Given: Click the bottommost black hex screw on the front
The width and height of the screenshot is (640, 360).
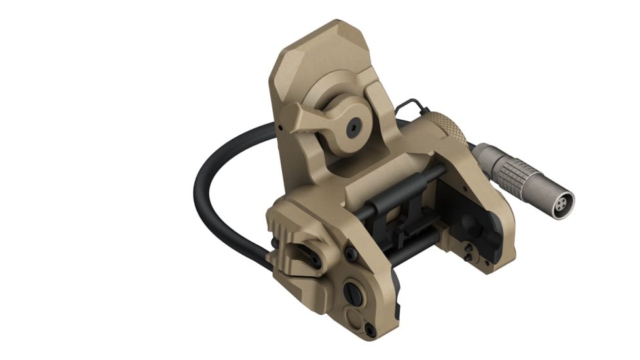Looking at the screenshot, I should [x=370, y=330].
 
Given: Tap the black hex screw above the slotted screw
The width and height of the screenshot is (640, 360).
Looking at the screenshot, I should [x=351, y=253].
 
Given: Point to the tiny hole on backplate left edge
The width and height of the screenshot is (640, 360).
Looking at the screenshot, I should [x=279, y=122].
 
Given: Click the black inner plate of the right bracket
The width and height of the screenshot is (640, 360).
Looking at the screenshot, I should [x=468, y=213].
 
